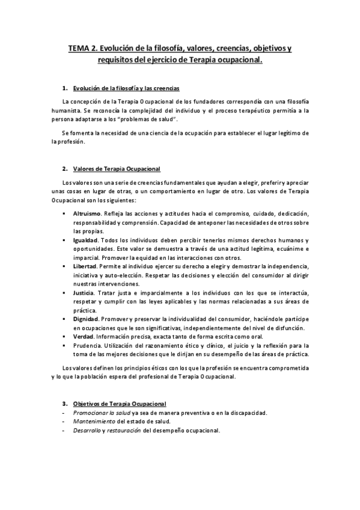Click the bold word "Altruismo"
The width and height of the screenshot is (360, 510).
pos(87,214)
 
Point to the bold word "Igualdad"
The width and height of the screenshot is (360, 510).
pos(85,240)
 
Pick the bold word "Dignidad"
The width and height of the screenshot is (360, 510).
pos(85,319)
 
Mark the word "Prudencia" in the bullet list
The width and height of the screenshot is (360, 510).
pos(87,345)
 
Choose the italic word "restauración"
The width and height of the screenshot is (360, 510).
pos(124,431)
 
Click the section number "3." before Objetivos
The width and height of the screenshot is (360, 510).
pos(65,403)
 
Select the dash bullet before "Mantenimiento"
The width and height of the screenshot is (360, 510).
pos(63,422)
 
